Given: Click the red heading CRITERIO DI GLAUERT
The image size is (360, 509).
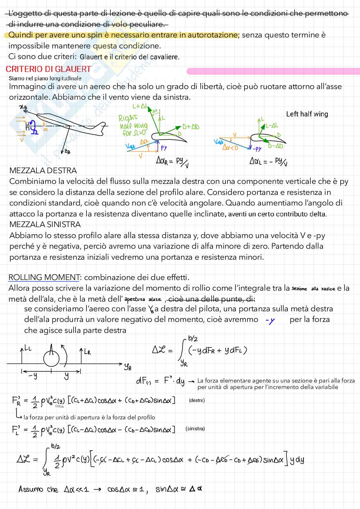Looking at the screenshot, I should pyautogui.click(x=48, y=69).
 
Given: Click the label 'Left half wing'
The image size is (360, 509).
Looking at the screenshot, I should pyautogui.click(x=307, y=114).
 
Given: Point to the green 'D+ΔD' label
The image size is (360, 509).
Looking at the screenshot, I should pyautogui.click(x=191, y=127).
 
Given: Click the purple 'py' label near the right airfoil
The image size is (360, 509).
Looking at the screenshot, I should pyautogui.click(x=164, y=148).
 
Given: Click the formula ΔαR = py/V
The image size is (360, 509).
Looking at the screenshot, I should pyautogui.click(x=172, y=161).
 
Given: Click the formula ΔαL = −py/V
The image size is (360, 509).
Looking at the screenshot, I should pyautogui.click(x=268, y=161).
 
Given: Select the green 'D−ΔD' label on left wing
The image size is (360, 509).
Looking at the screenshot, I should pyautogui.click(x=275, y=146).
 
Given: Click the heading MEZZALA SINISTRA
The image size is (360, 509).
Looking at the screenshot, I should pyautogui.click(x=45, y=225).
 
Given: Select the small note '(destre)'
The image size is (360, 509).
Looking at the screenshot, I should pyautogui.click(x=196, y=401).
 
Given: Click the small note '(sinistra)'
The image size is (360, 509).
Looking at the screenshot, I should pyautogui.click(x=195, y=429).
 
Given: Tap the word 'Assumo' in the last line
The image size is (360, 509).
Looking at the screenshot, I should pyautogui.click(x=30, y=489).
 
